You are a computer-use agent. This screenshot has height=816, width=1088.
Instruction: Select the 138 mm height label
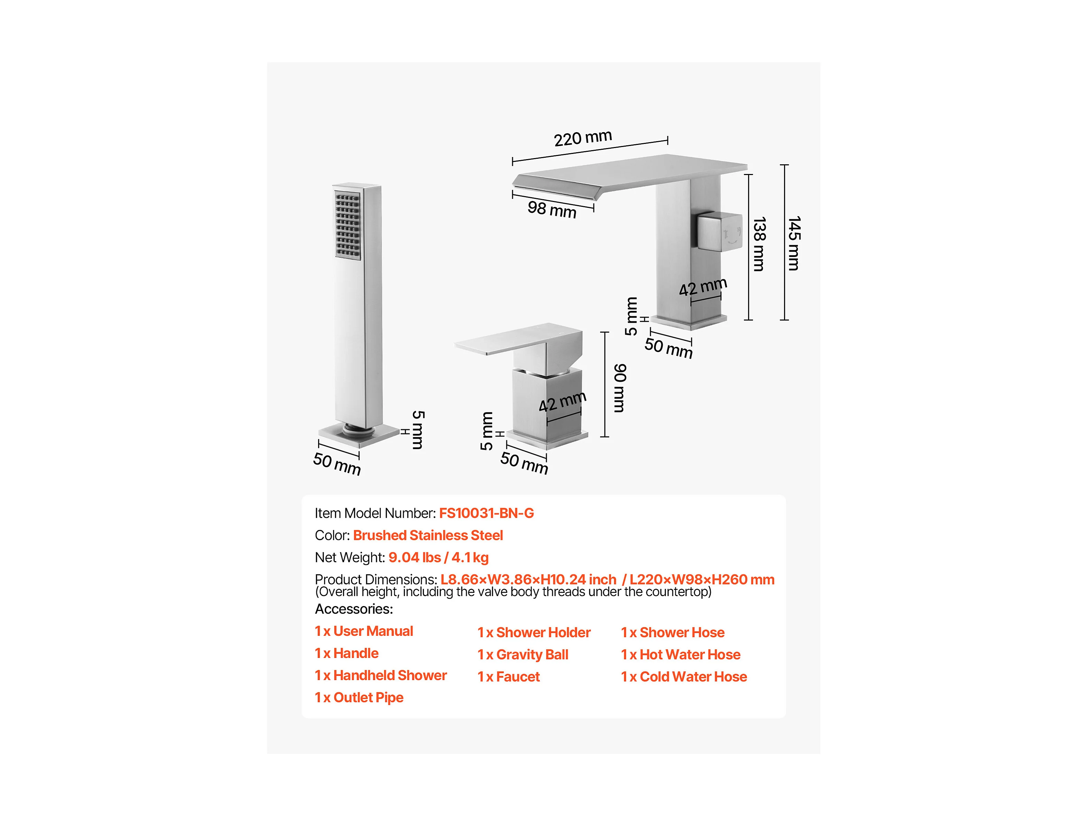pos(759,244)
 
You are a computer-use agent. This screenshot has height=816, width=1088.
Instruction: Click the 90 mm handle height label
pos(620,388)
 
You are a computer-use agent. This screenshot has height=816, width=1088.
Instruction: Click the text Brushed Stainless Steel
pos(428,535)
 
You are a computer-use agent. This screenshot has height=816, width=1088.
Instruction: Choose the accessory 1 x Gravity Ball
pos(523,655)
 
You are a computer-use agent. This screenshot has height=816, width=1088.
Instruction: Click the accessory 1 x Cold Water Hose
pos(684,677)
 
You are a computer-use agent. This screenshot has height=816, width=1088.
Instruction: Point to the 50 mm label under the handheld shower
pos(337,464)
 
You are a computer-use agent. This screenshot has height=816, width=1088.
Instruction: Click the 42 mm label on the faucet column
pos(703,287)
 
